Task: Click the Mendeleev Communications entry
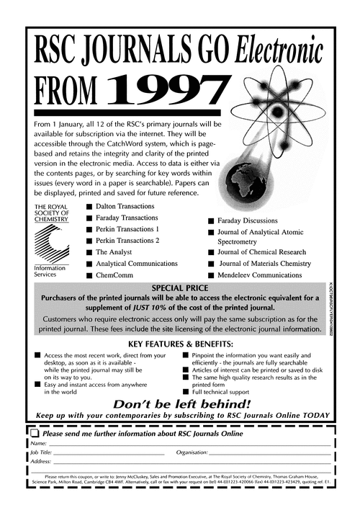(266, 275)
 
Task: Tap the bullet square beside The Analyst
(89, 253)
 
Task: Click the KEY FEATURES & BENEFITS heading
(179, 344)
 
